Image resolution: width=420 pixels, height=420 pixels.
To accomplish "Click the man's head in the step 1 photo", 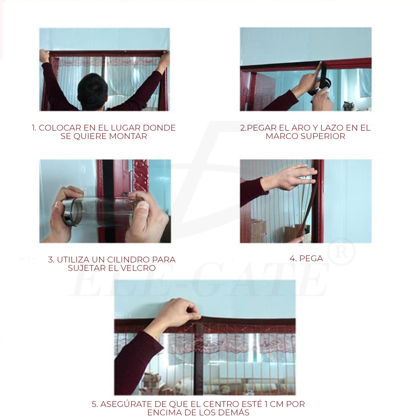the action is [x=93, y=90].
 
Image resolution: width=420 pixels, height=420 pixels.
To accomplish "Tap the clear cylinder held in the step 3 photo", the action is [x=102, y=212].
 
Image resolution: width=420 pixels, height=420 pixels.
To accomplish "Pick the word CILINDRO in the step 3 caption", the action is [x=129, y=260].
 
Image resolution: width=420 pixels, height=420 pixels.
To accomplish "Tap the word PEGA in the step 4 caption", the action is [x=311, y=258].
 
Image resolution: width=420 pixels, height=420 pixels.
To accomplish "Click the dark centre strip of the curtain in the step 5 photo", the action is [x=198, y=359].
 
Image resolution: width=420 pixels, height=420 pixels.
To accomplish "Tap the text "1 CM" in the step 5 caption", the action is [x=273, y=404].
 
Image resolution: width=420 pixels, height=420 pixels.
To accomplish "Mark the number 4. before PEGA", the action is [x=293, y=258].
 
